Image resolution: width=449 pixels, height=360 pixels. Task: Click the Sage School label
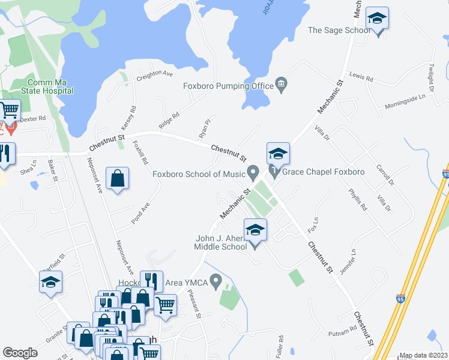point(339,30)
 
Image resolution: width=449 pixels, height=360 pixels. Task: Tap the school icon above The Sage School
point(377,19)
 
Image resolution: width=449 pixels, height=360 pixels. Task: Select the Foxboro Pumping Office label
point(228,86)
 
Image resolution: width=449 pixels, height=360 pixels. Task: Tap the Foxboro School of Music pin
point(253,174)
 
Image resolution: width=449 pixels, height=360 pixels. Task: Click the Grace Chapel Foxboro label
point(323,172)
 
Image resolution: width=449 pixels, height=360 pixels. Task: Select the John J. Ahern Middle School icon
point(255,230)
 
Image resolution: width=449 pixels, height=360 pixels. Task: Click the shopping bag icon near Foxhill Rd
point(117,179)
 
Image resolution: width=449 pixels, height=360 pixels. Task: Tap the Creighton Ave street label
point(154,74)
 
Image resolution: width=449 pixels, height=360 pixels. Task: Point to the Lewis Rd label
point(361,78)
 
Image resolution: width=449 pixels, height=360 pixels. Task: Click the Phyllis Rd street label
point(357,200)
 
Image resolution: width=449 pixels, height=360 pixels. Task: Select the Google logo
point(20,353)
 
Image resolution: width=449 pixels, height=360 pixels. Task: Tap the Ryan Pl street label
point(205,127)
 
